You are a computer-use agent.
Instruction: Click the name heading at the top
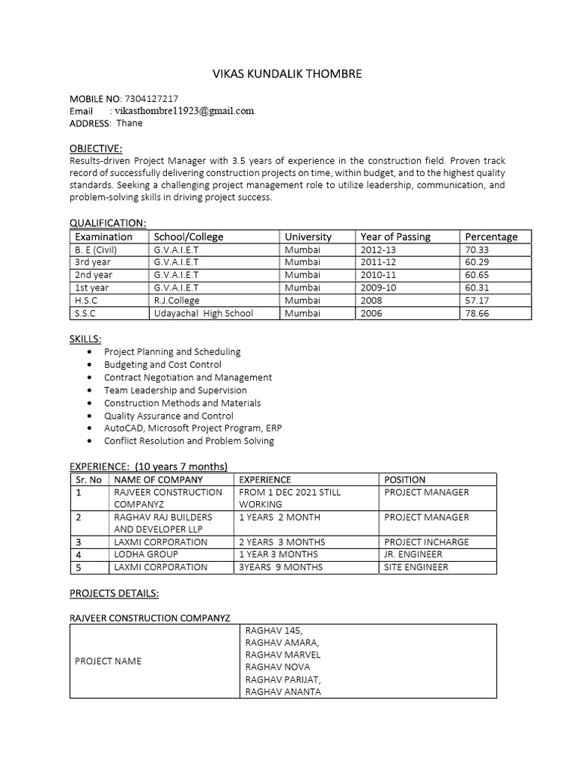[x=287, y=73]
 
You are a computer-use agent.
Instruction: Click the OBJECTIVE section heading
[x=95, y=148]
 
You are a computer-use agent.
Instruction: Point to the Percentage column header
[x=491, y=237]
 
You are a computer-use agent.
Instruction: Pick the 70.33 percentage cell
[x=476, y=249]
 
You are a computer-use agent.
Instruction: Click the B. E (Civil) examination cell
[x=96, y=249]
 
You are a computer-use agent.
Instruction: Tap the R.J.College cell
[x=177, y=300]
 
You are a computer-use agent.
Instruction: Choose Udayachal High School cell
[x=204, y=313]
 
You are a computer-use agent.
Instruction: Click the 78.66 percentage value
[x=476, y=313]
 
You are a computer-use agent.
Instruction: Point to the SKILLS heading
[x=85, y=339]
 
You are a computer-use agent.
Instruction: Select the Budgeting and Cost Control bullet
[x=162, y=365]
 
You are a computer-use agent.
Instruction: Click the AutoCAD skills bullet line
[x=193, y=428]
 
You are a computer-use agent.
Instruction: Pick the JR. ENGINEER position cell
[x=413, y=554]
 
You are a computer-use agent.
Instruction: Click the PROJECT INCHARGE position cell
[x=426, y=542]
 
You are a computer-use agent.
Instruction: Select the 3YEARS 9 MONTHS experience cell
[x=280, y=567]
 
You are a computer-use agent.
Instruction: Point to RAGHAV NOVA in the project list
[x=277, y=667]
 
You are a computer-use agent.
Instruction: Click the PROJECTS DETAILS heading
[x=114, y=592]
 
